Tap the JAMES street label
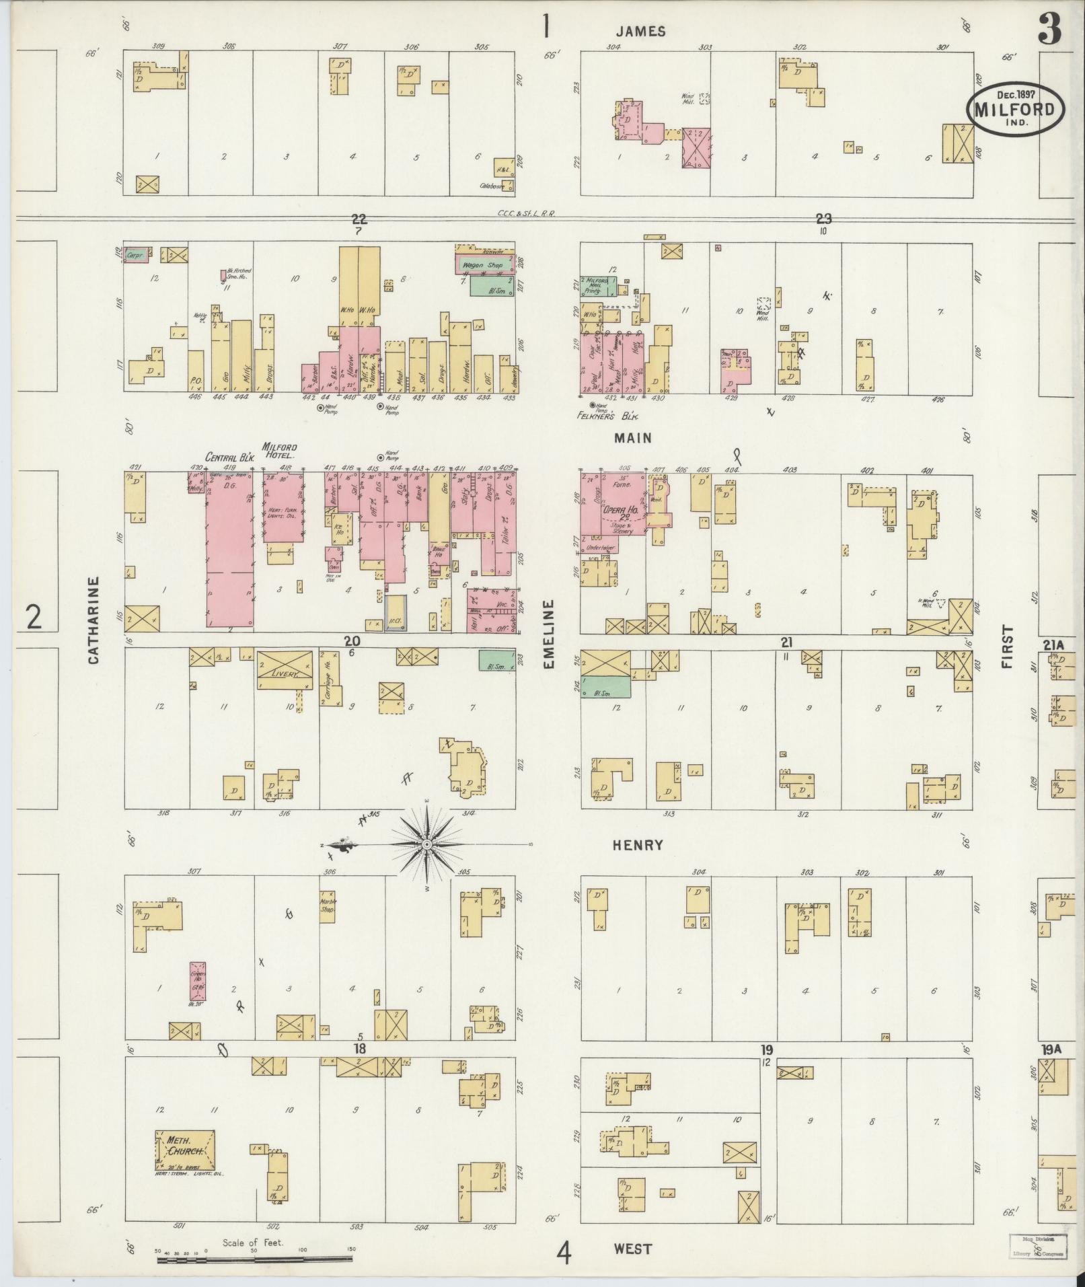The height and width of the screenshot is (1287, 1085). [x=640, y=31]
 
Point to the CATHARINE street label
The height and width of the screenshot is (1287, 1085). [x=93, y=620]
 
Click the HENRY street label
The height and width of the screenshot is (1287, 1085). [x=637, y=845]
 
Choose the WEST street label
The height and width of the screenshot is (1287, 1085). [x=632, y=1249]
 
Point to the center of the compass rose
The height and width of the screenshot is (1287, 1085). [x=426, y=844]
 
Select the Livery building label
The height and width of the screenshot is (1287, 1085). [x=284, y=672]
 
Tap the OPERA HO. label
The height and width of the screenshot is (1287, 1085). [x=620, y=510]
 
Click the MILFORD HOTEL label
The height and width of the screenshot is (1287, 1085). [x=280, y=451]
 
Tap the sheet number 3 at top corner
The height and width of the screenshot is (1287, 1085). [x=1049, y=30]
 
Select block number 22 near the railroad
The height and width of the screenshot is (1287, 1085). [x=359, y=219]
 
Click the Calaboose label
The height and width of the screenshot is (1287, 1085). [x=492, y=186]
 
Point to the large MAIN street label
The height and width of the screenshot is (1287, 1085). [x=632, y=438]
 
